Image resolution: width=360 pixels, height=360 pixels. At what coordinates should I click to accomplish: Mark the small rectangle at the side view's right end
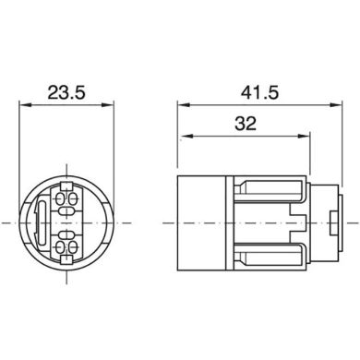point(332,223)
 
